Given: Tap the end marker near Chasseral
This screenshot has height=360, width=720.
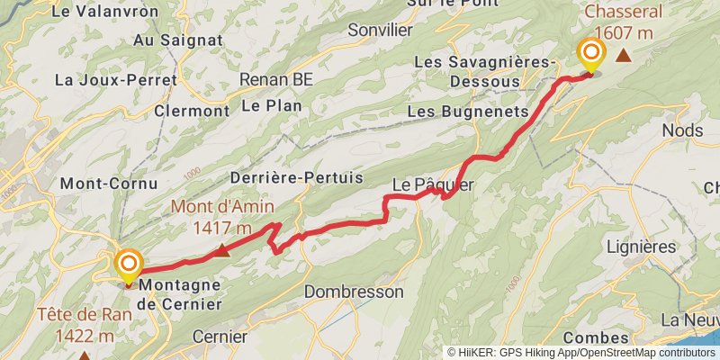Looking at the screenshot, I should pyautogui.click(x=591, y=53).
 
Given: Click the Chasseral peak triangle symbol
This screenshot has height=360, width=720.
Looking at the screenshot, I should pyautogui.click(x=623, y=56).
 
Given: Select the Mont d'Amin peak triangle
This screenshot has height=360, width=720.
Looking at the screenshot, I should pyautogui.click(x=222, y=249).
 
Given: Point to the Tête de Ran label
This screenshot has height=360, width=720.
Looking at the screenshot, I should pyautogui.click(x=79, y=325).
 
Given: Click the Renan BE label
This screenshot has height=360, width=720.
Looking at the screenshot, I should pyautogui.click(x=276, y=79).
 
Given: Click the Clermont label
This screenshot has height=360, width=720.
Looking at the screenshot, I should pyautogui.click(x=192, y=111).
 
